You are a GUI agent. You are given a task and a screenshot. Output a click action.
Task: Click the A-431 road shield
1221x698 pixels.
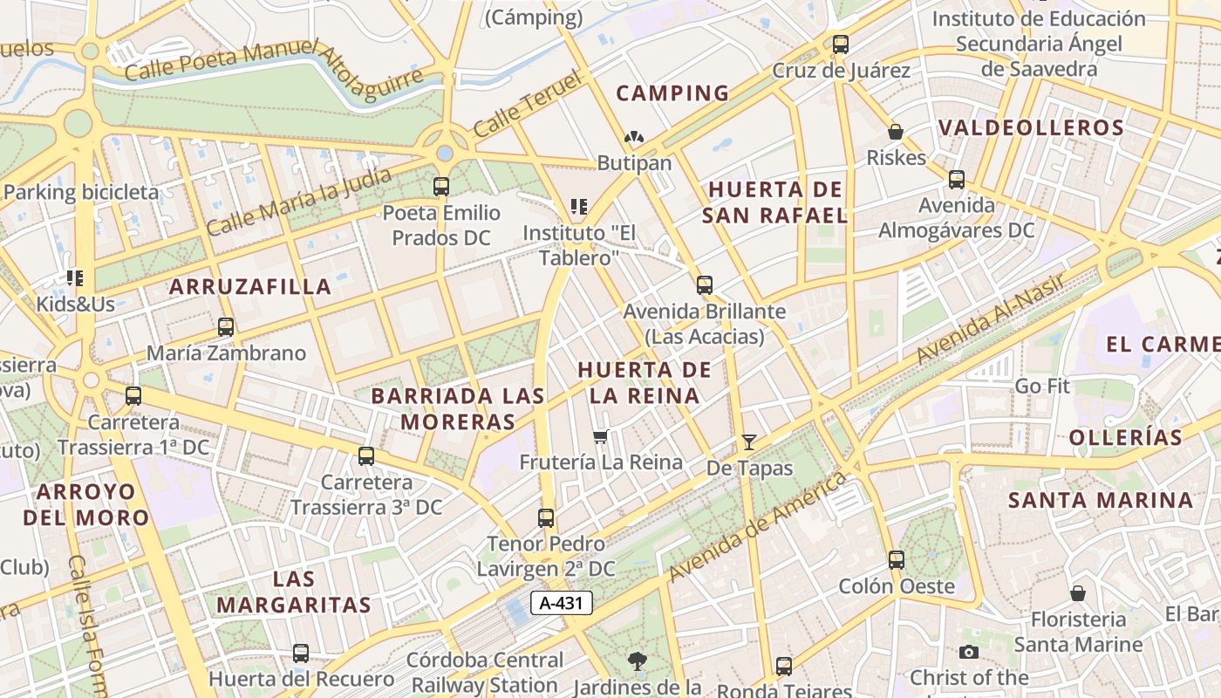coord(562,603)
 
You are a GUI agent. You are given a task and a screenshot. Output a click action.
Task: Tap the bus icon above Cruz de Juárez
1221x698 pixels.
coord(841,44)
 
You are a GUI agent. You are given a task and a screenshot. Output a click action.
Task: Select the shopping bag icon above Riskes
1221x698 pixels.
coord(895,133)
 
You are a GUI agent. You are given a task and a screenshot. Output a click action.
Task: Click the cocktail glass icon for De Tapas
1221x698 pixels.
coord(748,442)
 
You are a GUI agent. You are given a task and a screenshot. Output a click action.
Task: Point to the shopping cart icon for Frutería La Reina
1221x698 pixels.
coord(600,436)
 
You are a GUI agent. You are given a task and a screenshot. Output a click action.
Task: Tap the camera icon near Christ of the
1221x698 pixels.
coord(968,652)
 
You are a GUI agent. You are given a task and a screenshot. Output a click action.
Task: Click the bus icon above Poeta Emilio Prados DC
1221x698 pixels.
coord(441,186)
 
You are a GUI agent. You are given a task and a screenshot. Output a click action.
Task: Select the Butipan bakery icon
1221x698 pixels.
coord(634,138)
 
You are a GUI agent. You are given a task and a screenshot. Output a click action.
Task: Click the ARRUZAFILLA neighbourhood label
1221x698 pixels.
coord(250,286)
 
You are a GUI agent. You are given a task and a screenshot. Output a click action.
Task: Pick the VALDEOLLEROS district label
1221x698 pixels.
coord(1031,127)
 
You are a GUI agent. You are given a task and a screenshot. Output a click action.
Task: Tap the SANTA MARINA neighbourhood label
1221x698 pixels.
coord(1101,500)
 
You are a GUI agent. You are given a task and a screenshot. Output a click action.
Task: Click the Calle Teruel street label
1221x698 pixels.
coord(527,106)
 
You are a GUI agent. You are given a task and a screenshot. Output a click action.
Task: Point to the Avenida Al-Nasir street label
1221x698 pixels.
coord(991,319)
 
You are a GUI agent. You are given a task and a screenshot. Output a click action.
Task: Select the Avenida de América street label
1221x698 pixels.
coord(758,527)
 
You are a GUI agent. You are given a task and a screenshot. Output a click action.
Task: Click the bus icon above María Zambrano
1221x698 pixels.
coord(226,327)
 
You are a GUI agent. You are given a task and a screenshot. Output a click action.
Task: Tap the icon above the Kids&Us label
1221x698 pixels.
coord(75,278)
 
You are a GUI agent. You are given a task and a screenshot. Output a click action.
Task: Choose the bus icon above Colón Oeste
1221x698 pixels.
coord(897,560)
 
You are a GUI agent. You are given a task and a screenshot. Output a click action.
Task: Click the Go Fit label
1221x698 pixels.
coord(1042,386)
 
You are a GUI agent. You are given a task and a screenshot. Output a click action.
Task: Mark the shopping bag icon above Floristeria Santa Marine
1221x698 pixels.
coord(1078,593)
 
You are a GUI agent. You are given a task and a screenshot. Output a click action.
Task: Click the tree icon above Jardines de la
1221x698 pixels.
coord(638,661)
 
